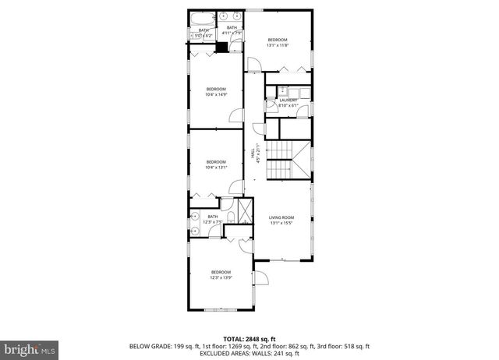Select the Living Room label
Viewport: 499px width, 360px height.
pyautogui.click(x=281, y=220)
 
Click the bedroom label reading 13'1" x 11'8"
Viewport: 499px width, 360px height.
pyautogui.click(x=278, y=42)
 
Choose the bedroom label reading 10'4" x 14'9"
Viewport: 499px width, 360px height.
pyautogui.click(x=216, y=92)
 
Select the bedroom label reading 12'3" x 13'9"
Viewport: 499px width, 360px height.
pyautogui.click(x=221, y=274)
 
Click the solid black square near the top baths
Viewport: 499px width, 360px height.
pyautogui.click(x=221, y=47)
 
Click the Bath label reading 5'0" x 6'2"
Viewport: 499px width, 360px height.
pyautogui.click(x=204, y=32)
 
